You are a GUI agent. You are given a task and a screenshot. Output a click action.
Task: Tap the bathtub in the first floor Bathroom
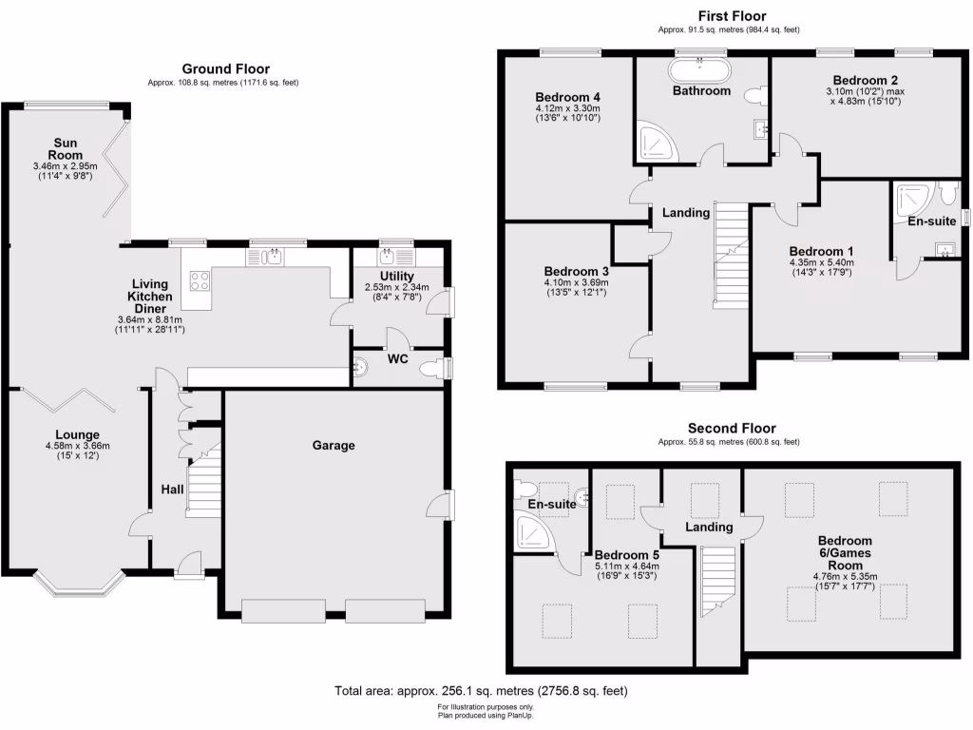pyautogui.click(x=700, y=69)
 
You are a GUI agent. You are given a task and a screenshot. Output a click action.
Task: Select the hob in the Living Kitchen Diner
pyautogui.click(x=201, y=280)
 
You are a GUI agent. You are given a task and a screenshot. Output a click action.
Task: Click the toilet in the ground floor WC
pyautogui.click(x=432, y=369)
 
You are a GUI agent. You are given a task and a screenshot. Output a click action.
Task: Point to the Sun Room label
pyautogui.click(x=66, y=148)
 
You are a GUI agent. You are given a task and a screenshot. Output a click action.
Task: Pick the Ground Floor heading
pyautogui.click(x=225, y=68)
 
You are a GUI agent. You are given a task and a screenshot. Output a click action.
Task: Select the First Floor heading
pyautogui.click(x=732, y=15)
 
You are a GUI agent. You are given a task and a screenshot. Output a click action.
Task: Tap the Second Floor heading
pyautogui.click(x=732, y=429)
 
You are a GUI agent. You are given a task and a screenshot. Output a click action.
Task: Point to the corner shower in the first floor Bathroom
pyautogui.click(x=655, y=141)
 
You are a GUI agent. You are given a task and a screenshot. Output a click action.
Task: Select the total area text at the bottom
pyautogui.click(x=481, y=691)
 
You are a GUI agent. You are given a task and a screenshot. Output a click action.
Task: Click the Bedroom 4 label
pyautogui.click(x=567, y=97)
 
